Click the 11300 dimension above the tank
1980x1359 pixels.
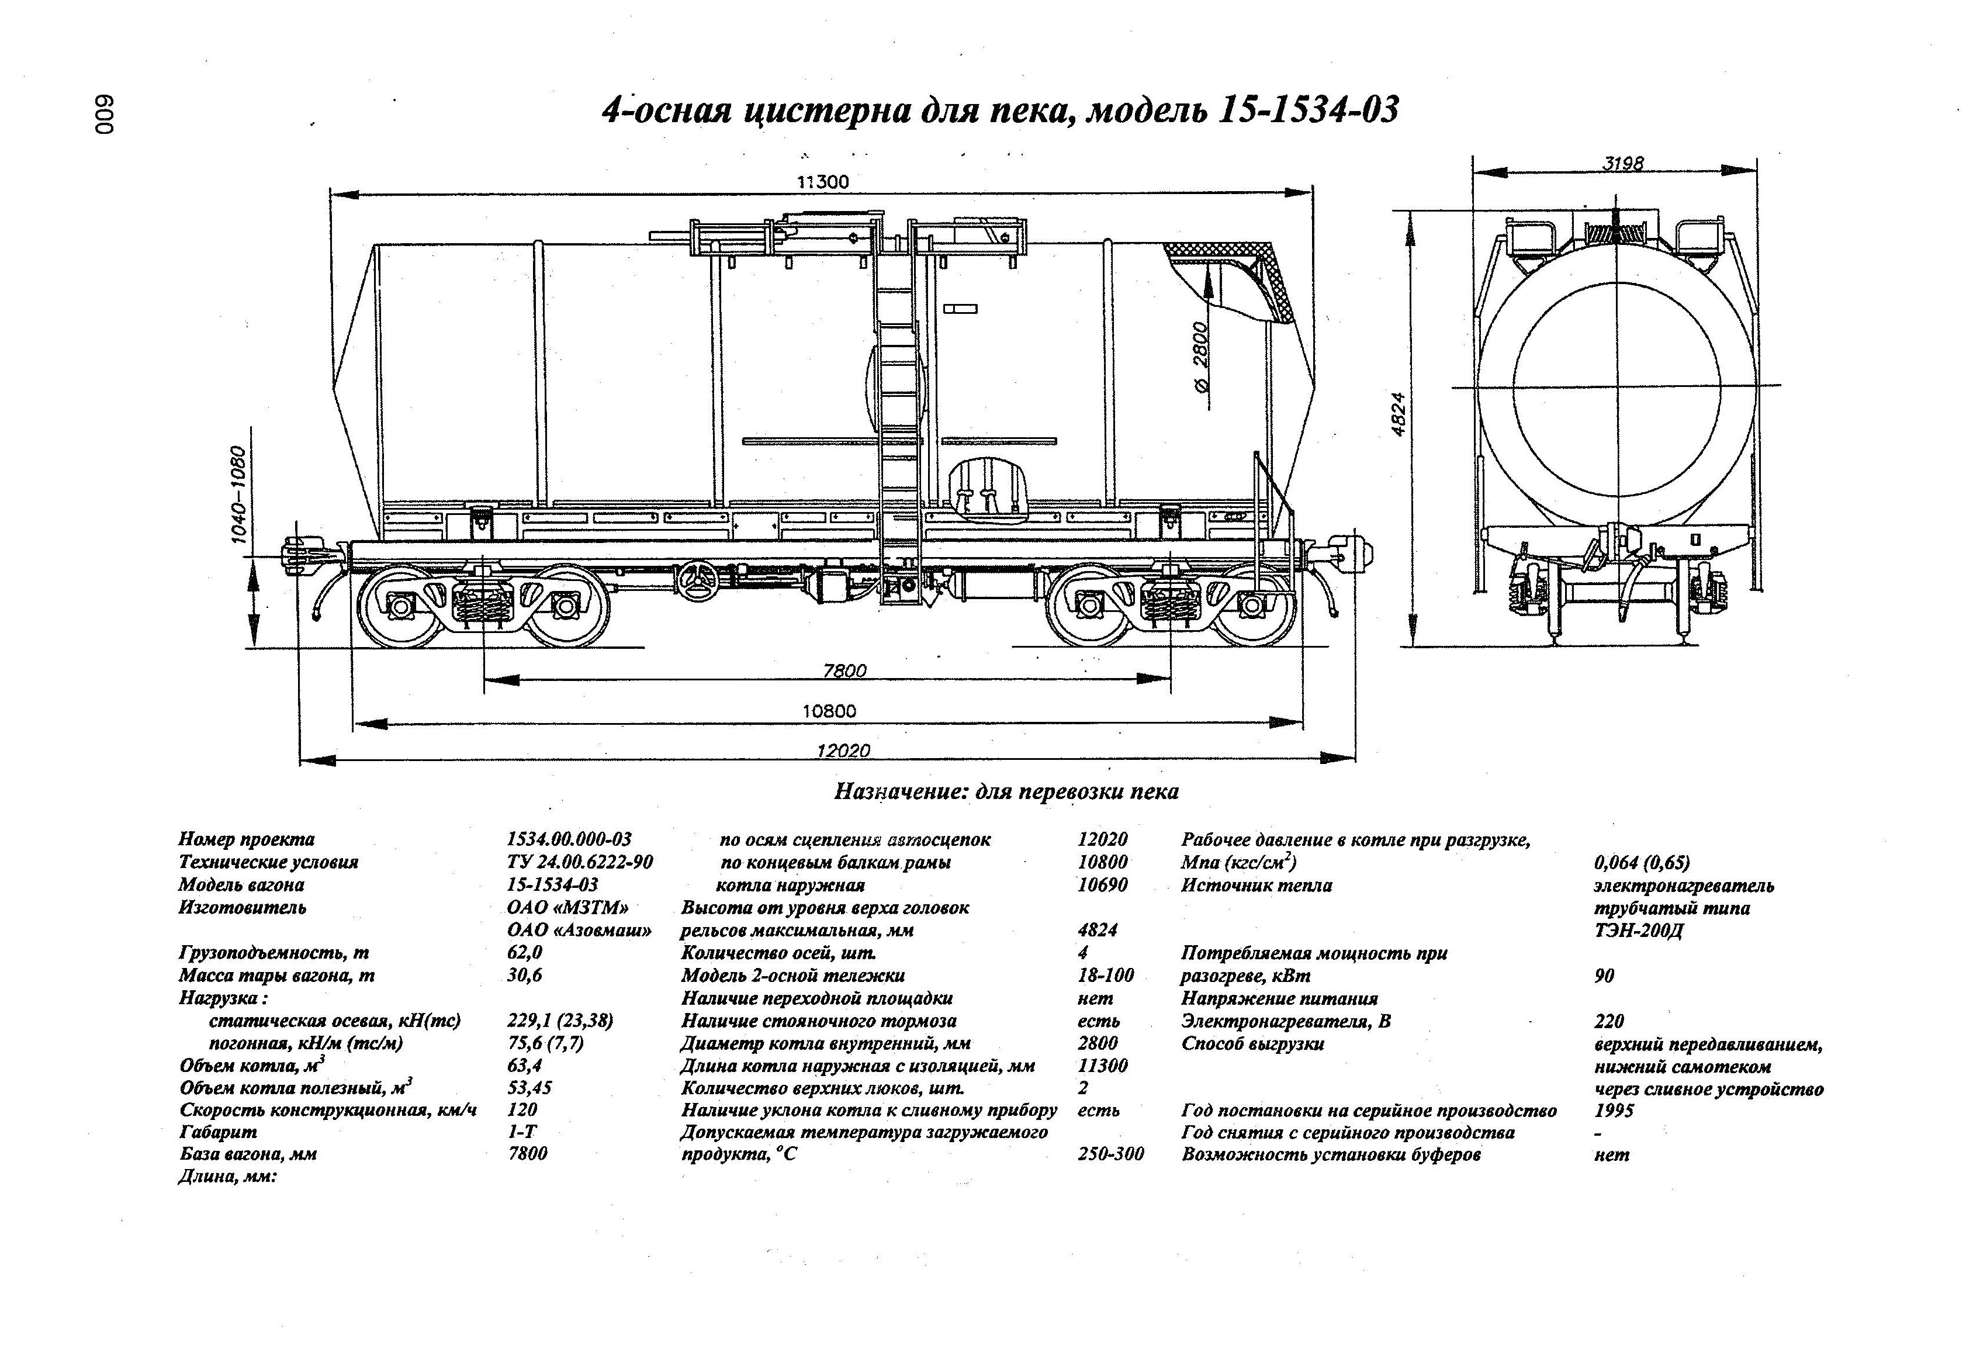tap(822, 181)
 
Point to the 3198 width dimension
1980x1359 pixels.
tap(1622, 162)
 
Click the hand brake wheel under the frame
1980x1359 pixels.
tap(698, 580)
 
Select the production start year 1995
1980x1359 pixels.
tap(1614, 1110)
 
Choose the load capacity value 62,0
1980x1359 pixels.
tap(524, 953)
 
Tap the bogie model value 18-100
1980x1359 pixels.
tap(1105, 975)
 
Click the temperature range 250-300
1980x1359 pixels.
tap(1110, 1154)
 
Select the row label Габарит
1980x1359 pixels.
tap(218, 1132)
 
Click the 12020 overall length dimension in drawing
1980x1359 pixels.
tap(843, 750)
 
